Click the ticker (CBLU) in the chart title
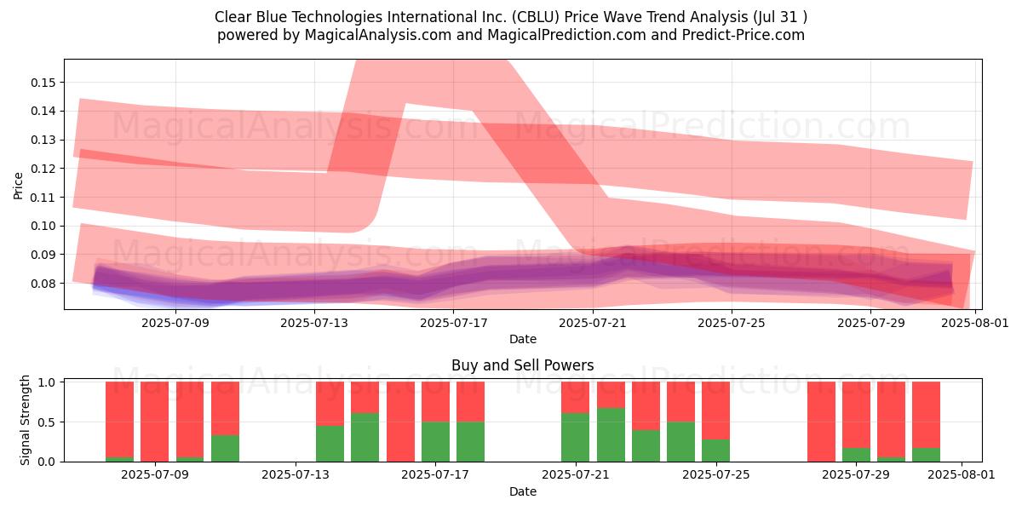535,17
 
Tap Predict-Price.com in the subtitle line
744,35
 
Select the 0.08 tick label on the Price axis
43,284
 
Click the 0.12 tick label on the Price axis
43,169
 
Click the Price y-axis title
18,186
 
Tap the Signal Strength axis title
25,420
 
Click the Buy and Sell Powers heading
522,365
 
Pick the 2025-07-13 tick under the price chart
314,323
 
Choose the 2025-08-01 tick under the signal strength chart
962,475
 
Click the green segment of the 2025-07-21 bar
576,437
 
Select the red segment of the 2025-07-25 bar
715,411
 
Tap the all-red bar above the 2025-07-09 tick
154,422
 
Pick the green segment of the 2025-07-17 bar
435,442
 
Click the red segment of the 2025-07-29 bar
856,415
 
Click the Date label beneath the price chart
522,339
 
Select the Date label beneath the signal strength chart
522,491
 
